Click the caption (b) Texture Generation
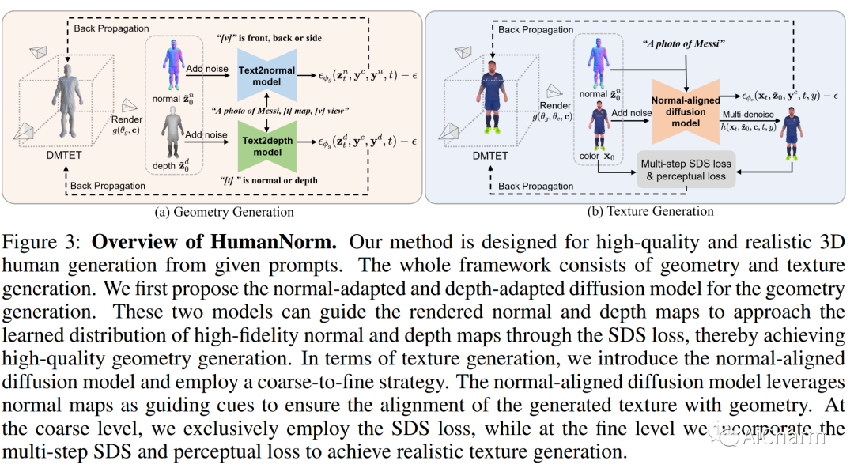640,212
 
